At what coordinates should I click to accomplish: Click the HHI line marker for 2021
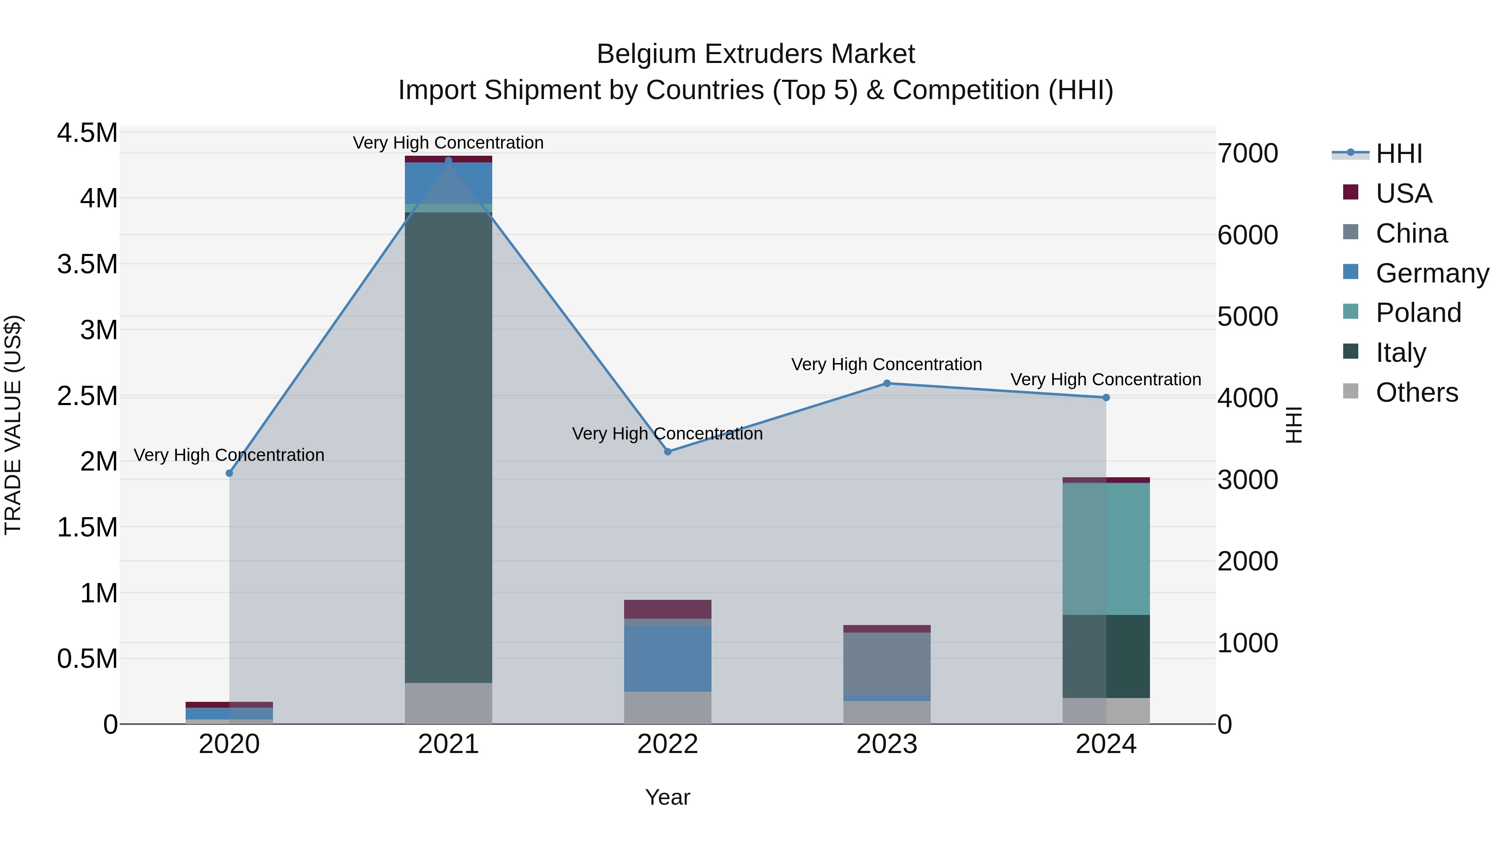coord(449,160)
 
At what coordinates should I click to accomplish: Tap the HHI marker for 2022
coord(667,452)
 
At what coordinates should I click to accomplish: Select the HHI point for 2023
coord(887,383)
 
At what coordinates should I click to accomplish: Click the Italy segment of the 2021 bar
coord(449,446)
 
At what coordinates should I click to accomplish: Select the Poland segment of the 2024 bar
coord(1106,549)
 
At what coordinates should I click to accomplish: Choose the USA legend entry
coord(1403,193)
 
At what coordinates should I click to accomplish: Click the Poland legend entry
coord(1417,313)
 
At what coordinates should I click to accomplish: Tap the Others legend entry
coord(1416,392)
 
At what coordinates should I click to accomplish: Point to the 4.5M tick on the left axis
coord(87,133)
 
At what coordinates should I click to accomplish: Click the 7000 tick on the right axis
coord(1247,153)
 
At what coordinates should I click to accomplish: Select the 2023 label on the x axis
coord(887,744)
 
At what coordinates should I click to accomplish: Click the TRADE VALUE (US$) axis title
coord(13,425)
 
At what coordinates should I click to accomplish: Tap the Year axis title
coord(667,797)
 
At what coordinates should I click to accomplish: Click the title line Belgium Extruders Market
coord(756,54)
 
